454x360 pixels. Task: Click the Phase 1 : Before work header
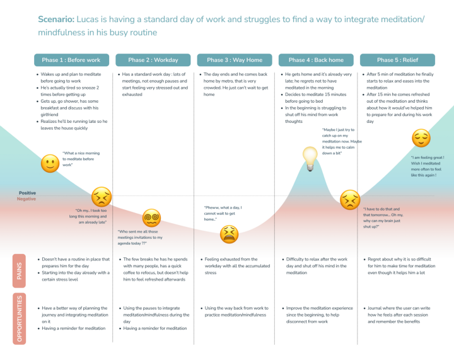coord(71,60)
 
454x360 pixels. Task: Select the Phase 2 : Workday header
coord(153,60)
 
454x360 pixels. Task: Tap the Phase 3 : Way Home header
coord(235,60)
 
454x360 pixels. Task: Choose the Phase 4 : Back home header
coord(316,60)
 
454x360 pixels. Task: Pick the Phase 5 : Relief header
coord(397,60)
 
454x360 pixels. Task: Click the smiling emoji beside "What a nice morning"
coord(49,164)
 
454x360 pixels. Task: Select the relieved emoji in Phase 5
coord(421,139)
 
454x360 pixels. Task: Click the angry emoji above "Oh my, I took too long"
coord(102,196)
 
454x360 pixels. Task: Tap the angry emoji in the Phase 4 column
coord(348,199)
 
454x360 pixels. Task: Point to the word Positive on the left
coord(26,193)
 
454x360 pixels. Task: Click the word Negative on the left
coord(26,199)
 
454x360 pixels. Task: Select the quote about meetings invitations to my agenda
coord(141,238)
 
